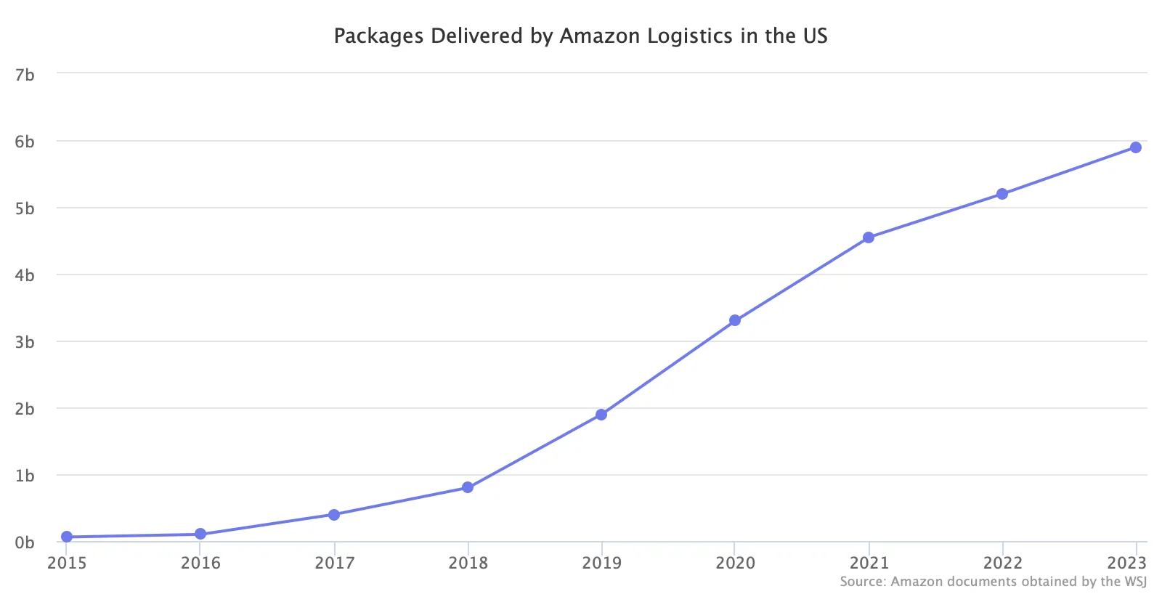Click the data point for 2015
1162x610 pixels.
pos(66,537)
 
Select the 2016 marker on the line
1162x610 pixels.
pos(200,534)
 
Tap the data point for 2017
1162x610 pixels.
pos(334,515)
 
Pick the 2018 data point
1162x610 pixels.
pos(468,487)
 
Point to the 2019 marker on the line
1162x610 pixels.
pos(601,415)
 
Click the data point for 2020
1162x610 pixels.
pos(734,320)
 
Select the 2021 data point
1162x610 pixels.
pos(869,237)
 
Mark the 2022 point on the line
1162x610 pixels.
pos(1002,194)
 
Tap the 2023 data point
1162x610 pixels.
pos(1136,148)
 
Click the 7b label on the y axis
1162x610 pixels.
pos(25,76)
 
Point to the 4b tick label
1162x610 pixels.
pos(25,275)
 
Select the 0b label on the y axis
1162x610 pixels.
pos(25,542)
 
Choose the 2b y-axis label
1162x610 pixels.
pos(25,409)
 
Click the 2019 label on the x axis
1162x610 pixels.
pos(602,563)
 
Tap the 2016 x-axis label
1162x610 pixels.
pos(200,563)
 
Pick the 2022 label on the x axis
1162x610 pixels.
pos(1003,563)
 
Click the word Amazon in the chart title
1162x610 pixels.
pos(600,36)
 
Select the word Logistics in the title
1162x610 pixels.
pos(691,36)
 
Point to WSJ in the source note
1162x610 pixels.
pos(1136,582)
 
